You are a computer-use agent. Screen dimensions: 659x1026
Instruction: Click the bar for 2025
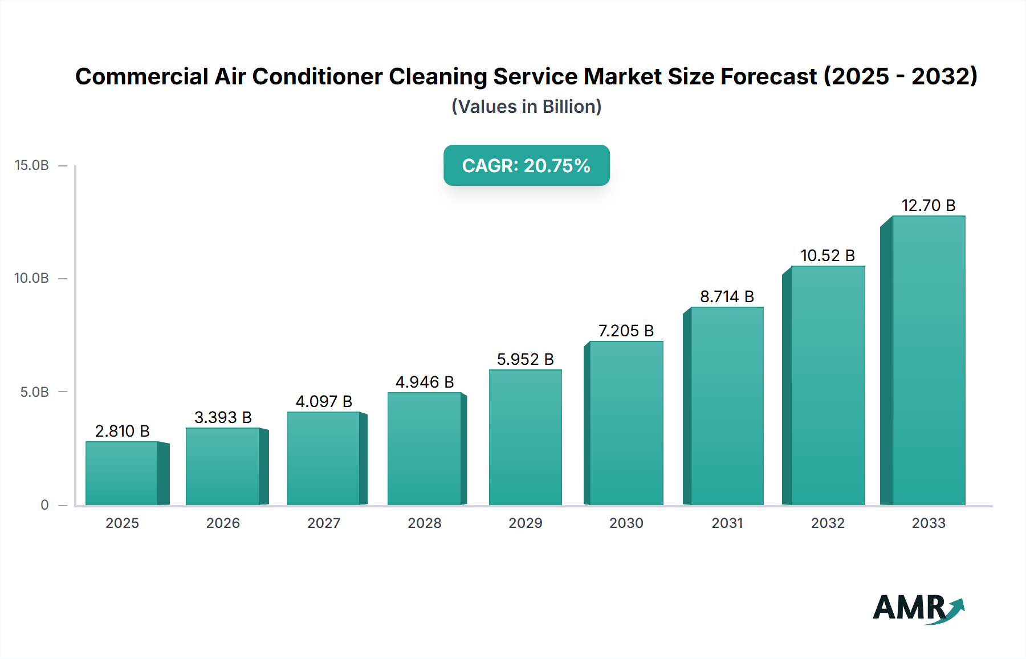tap(122, 473)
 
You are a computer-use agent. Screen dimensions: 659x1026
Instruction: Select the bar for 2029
tap(525, 437)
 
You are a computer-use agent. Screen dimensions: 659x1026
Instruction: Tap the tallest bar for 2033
tap(928, 360)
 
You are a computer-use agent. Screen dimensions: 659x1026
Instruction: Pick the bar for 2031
tap(727, 406)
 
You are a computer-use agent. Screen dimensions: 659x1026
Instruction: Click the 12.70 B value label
tap(928, 205)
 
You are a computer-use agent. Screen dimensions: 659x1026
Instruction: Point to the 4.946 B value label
tap(425, 382)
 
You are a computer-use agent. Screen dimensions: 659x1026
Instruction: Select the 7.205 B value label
tap(626, 331)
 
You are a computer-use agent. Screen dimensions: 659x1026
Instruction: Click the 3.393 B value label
tap(223, 417)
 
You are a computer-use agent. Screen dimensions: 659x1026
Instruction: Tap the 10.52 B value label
tap(828, 255)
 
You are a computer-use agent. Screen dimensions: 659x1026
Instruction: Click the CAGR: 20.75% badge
tap(526, 165)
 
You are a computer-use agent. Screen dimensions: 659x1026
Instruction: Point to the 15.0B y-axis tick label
tap(32, 165)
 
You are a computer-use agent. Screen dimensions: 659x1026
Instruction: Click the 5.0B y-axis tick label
tap(34, 392)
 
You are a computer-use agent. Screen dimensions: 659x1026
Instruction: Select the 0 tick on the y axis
tap(44, 505)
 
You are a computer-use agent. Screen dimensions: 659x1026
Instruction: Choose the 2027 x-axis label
tap(324, 523)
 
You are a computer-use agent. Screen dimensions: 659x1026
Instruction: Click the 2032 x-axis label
tap(828, 523)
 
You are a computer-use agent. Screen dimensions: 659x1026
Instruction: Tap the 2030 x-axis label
tap(626, 523)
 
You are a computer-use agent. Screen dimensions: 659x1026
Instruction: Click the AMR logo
tap(918, 608)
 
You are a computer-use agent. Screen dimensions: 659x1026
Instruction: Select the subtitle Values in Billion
tap(526, 107)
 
